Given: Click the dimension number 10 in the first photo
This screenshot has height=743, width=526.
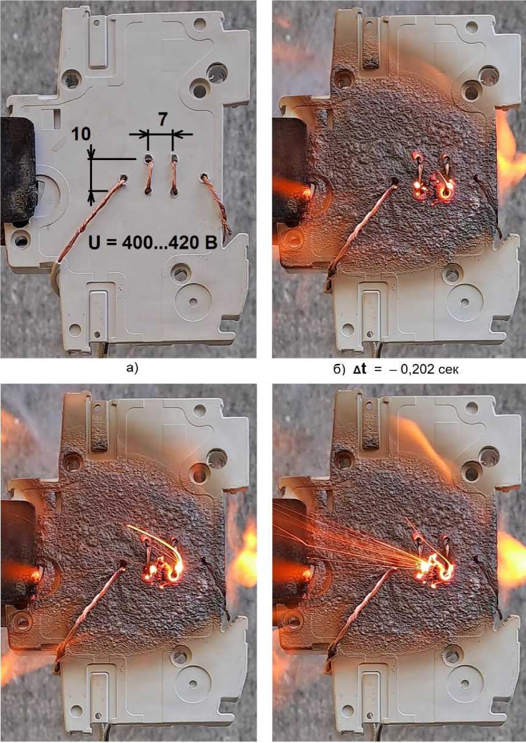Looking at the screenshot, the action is [x=81, y=134].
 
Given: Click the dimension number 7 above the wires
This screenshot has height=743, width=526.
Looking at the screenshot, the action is [x=163, y=120].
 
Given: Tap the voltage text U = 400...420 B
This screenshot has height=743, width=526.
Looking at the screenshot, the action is [x=153, y=243].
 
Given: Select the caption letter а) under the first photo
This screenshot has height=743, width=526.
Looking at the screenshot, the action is [x=132, y=368].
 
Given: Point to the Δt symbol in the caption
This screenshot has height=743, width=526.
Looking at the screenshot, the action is [x=360, y=369].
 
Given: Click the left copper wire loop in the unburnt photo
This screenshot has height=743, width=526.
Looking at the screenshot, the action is [x=149, y=175].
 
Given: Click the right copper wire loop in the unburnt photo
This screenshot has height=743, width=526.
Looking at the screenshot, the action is [x=174, y=175].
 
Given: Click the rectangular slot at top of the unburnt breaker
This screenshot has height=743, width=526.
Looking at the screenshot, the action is [x=98, y=52].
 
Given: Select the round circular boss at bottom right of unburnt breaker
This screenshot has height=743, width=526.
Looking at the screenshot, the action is [x=193, y=301].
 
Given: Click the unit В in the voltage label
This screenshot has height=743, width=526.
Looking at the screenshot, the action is [x=211, y=243].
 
